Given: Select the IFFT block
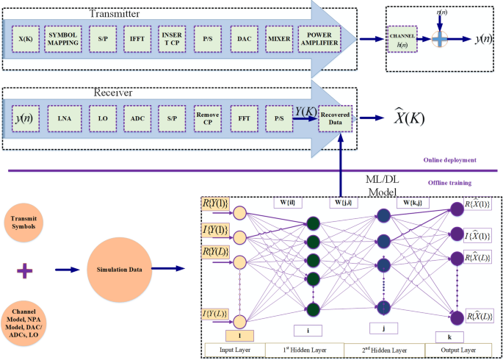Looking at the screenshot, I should click(137, 38).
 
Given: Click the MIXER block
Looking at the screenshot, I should click(279, 38).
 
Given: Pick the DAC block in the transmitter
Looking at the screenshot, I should click(244, 38).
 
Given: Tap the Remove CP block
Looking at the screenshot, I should click(208, 116).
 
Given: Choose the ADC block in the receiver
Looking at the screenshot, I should click(137, 116).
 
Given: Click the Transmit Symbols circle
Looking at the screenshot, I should click(26, 218).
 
